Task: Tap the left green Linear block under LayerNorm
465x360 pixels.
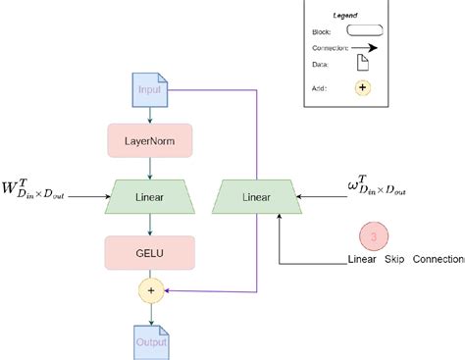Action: tap(150, 196)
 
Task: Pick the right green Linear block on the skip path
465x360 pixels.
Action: tap(258, 196)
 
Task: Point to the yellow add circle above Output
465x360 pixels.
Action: tap(150, 290)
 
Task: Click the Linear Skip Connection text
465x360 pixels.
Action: tap(404, 260)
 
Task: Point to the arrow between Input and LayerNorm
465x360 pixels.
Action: tap(150, 115)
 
